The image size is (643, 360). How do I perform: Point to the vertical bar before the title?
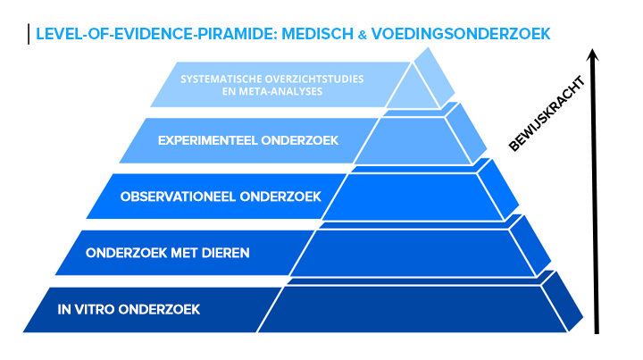[x=29, y=34]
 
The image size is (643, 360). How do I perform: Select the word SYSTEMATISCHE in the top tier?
[x=218, y=80]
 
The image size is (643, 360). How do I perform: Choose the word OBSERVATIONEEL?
[x=177, y=196]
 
